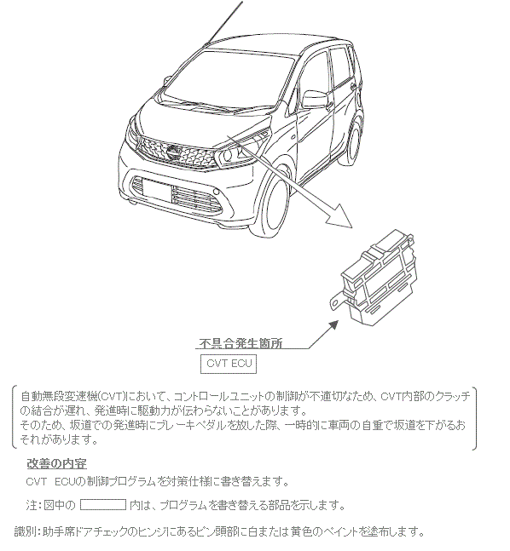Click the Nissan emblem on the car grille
[x=173, y=152]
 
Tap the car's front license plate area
[x=157, y=191]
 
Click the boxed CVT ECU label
[x=229, y=364]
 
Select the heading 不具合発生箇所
[x=241, y=343]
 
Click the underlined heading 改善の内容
[x=56, y=464]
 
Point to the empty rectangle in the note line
[x=103, y=505]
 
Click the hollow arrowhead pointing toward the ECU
[x=339, y=215]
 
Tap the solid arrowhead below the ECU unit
[x=333, y=326]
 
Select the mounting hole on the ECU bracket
[x=335, y=302]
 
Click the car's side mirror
[x=315, y=100]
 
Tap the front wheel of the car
[x=275, y=208]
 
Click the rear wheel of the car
[x=353, y=145]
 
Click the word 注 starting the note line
[x=32, y=505]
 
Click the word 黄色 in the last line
[x=301, y=532]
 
